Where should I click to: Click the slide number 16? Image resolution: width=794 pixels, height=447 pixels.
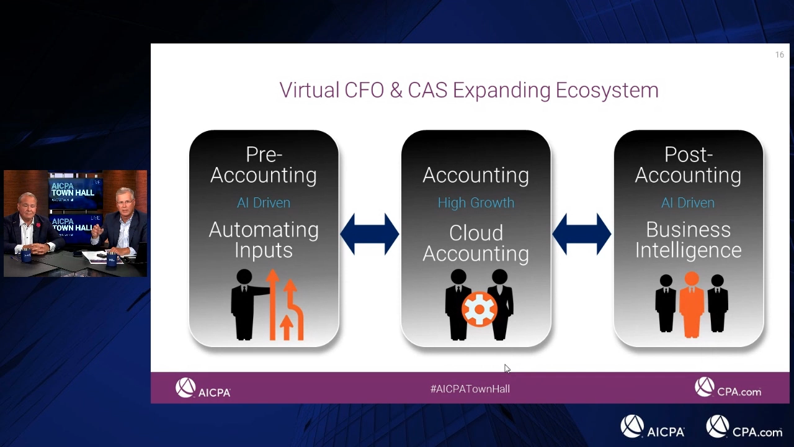click(x=780, y=55)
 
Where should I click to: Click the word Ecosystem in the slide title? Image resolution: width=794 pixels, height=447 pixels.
click(x=607, y=91)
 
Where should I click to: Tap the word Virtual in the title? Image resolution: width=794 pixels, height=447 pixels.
click(x=310, y=90)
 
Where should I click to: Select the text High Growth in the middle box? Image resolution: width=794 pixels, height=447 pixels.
click(x=476, y=203)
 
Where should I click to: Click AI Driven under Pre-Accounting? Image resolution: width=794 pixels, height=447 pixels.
click(x=264, y=203)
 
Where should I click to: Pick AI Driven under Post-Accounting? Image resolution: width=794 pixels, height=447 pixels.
click(x=688, y=203)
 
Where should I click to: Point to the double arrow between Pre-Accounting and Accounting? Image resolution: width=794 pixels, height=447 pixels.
click(x=370, y=234)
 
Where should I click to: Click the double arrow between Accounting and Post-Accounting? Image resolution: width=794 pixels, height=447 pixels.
click(x=582, y=234)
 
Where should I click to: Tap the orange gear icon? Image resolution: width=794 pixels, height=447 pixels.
click(x=480, y=309)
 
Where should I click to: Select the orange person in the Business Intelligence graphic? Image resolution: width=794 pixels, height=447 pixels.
click(x=692, y=305)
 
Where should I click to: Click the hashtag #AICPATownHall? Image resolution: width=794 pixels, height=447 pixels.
click(x=470, y=389)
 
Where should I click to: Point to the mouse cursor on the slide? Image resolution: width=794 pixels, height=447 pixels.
click(x=507, y=369)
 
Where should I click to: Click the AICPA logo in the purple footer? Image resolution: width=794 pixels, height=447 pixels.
click(x=203, y=388)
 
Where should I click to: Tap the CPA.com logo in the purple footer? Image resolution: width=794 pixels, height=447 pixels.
click(x=728, y=387)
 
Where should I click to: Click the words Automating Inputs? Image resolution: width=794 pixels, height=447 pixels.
click(x=264, y=240)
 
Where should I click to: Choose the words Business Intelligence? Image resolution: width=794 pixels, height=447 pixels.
click(x=688, y=240)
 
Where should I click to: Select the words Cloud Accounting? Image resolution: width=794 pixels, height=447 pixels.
click(x=476, y=243)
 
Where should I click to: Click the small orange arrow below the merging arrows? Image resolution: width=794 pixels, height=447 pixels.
click(x=287, y=327)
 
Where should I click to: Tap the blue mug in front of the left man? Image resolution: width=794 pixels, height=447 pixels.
click(x=26, y=256)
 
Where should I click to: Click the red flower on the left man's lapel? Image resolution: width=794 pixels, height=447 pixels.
click(x=38, y=225)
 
